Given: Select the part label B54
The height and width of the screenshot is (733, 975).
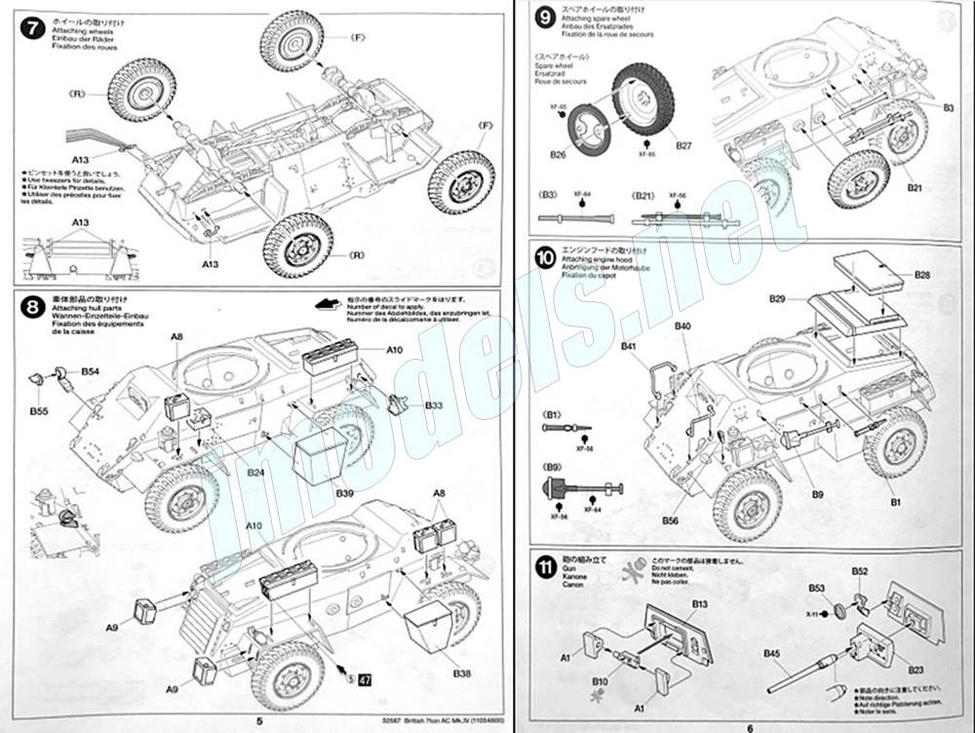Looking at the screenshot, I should click(91, 372).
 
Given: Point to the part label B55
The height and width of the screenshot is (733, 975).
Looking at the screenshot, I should click(39, 412).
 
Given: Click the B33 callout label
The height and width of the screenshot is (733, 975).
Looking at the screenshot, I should click(435, 405).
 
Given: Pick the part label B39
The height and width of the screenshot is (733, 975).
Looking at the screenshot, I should click(345, 494).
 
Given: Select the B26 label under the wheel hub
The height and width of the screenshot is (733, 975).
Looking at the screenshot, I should click(559, 154).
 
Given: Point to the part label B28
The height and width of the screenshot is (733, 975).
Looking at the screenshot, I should click(922, 276).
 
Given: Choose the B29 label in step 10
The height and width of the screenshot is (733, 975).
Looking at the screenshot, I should click(777, 297).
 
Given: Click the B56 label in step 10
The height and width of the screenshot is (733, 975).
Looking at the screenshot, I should click(671, 521).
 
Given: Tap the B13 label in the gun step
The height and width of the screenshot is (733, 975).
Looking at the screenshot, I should click(700, 604).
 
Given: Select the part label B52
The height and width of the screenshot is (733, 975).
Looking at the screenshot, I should click(860, 571).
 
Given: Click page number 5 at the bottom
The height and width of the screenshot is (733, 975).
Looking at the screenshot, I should click(258, 721).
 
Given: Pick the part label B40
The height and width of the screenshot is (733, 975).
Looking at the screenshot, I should click(682, 326).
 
